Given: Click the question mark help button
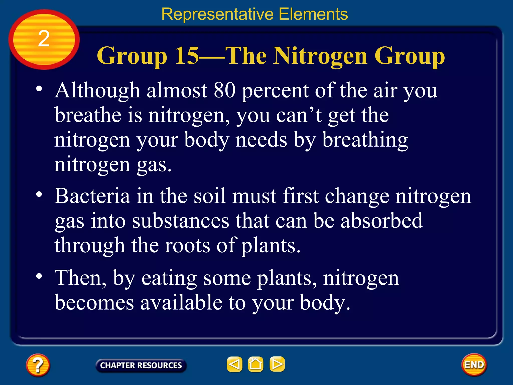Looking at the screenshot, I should point(38,365).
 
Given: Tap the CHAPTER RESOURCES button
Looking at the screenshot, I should point(141,365).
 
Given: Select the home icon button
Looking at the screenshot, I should point(255,364).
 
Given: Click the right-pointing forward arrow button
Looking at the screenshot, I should point(277,364).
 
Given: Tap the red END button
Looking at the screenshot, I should point(474,365).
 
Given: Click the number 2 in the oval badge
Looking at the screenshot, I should point(44,39).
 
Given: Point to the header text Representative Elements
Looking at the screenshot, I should point(254,14).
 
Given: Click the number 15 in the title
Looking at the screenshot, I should point(187,56).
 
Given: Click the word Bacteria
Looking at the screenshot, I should point(92,196).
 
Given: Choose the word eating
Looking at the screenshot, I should point(169,278).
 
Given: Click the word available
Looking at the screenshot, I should point(181,302).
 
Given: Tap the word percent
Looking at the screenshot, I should point(275,91).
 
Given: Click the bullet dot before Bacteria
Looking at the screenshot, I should point(39,195).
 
